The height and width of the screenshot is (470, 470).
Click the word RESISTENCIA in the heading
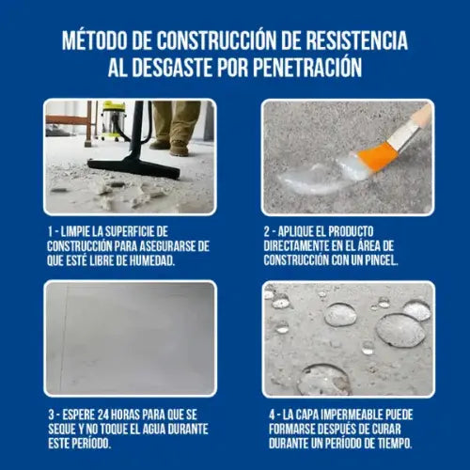click(351, 42)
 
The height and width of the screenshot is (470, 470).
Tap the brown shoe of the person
click(178, 148)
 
